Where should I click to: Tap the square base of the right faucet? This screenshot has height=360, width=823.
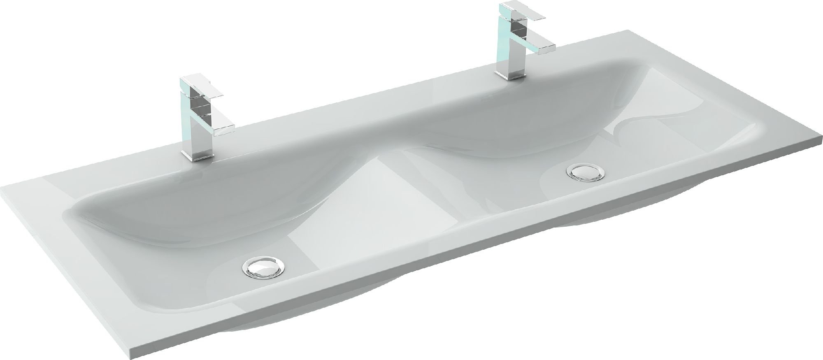[509, 74]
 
